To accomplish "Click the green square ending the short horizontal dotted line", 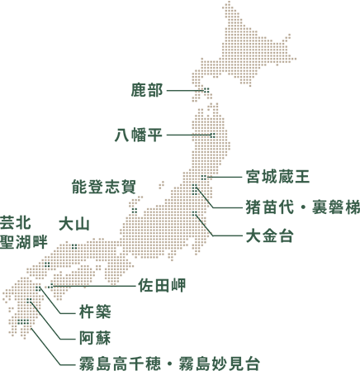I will point(212,135).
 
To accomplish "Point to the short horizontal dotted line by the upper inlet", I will point(201,135).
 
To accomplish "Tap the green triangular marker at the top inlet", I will point(210,86).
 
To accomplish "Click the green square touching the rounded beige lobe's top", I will point(203,177).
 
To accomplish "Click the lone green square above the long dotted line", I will point(46,264).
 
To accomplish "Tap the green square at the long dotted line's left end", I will point(50,285).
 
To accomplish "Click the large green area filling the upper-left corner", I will point(66,99).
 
